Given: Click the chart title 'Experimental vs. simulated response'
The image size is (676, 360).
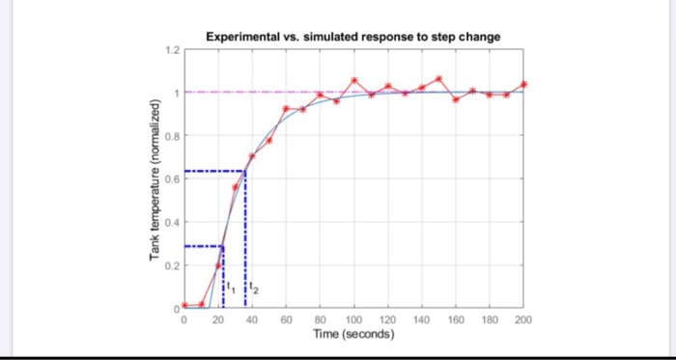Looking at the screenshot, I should coord(353,37).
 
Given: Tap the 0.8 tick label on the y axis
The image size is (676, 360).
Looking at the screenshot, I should coord(171,136).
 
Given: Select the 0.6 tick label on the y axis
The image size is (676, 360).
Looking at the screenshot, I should coord(171,179).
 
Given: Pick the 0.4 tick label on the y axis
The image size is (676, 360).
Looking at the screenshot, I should coord(171,222).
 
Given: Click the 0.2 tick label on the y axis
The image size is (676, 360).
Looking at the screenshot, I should coord(171,264).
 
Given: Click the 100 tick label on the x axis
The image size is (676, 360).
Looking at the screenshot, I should coord(353,318).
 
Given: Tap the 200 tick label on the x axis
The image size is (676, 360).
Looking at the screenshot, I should coord(523,318).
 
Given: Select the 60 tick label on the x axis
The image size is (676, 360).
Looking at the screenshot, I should coord(286,318).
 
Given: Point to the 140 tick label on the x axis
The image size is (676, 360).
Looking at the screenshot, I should coord(422,318).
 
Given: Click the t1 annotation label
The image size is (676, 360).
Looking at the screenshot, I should coord(229,287).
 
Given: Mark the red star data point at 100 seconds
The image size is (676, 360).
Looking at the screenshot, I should coord(354,80).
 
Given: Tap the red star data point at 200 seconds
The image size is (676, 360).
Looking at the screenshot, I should coord(524,84).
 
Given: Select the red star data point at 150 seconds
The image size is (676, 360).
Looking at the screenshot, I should coord(439,78).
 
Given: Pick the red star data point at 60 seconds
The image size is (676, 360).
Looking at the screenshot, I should coord(286,108).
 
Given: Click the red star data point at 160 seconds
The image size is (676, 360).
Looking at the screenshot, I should coord(456,99).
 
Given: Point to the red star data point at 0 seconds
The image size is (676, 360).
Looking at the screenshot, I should coord(184,305).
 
